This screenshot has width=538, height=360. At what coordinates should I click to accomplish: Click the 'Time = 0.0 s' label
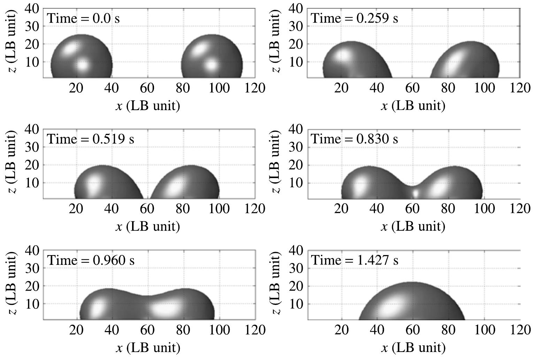tap(83, 18)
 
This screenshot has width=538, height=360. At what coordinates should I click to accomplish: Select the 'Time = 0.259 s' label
tap(354, 18)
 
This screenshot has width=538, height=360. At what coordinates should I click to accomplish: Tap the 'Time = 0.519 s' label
tap(91, 139)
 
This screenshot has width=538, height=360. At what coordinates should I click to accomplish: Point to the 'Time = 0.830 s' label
tap(354, 139)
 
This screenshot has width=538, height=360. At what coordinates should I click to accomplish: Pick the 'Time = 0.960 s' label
tap(91, 260)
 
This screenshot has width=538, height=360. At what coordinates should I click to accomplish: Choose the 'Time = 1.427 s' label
tap(354, 260)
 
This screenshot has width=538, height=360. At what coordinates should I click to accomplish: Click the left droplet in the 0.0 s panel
tap(82, 58)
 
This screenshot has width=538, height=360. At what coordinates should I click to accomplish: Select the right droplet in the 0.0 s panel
tap(212, 58)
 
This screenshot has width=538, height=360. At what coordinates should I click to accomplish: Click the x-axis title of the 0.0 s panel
tap(148, 105)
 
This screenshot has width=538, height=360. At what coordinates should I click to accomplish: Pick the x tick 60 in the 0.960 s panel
tap(147, 329)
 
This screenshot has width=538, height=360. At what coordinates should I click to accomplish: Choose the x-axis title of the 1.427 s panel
tap(413, 347)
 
